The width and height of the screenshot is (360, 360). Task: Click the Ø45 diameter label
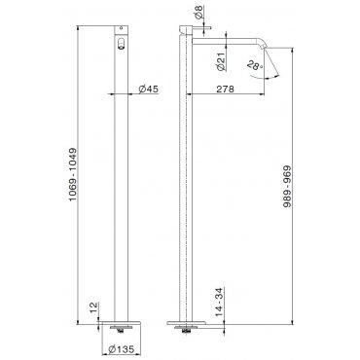click(x=149, y=89)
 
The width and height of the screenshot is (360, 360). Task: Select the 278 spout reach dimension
click(x=225, y=89)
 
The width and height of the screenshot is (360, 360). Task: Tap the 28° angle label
click(x=255, y=66)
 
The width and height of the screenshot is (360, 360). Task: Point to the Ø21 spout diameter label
click(x=221, y=61)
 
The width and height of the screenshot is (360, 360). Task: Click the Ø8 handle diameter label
click(x=199, y=12)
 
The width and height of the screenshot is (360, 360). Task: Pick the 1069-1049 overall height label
click(x=73, y=174)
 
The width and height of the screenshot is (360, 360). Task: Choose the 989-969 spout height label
click(x=287, y=187)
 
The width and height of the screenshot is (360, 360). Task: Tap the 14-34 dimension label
click(x=220, y=302)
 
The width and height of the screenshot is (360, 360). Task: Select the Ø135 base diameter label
click(x=122, y=349)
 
